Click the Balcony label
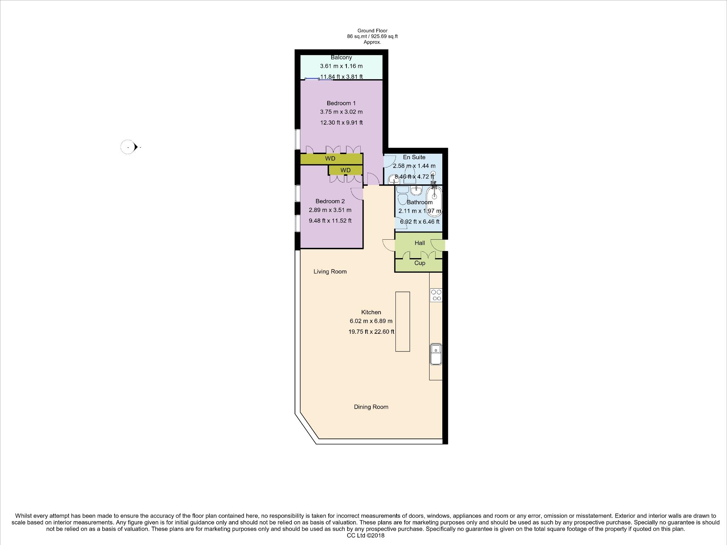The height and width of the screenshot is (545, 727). [341, 57]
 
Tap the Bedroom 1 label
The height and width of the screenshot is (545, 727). [341, 103]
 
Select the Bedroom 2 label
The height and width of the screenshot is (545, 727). [330, 201]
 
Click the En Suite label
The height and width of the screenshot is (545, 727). [414, 157]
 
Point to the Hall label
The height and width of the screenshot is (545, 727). [420, 243]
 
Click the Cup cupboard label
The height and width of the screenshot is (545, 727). [420, 263]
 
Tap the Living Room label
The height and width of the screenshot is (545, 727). [330, 272]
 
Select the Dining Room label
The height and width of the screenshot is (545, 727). [371, 407]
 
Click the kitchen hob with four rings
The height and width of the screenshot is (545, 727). [436, 295]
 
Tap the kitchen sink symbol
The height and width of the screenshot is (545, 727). [436, 354]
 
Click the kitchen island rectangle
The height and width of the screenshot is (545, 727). [403, 321]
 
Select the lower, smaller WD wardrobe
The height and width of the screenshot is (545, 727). [345, 170]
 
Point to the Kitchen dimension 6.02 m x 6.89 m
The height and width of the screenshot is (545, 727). [371, 321]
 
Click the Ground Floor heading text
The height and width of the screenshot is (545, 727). [372, 31]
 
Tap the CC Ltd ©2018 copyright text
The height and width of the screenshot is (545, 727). [365, 535]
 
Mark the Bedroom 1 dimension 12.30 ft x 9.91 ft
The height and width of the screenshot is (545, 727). [341, 123]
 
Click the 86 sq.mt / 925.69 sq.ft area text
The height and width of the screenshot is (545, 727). [372, 36]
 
